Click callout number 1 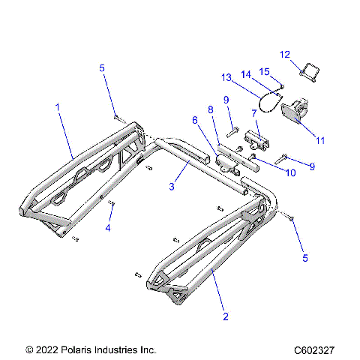(x=57, y=107)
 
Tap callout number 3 (x=172, y=185)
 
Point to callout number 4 (x=108, y=227)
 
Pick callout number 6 (x=195, y=120)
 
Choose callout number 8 (x=211, y=109)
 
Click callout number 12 (x=284, y=54)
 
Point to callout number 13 (x=226, y=76)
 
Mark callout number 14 (x=244, y=73)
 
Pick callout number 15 (x=263, y=71)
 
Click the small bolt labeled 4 (x=111, y=203)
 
